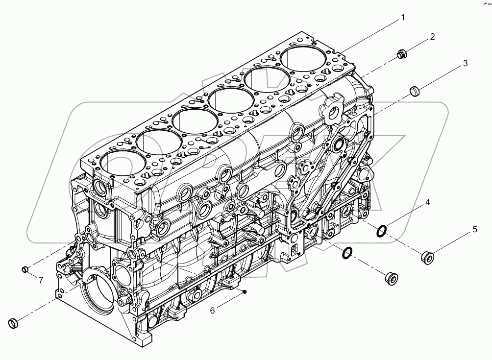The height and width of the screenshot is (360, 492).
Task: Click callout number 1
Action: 402,18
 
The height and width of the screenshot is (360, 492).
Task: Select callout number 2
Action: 432,37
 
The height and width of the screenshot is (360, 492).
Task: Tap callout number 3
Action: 465,63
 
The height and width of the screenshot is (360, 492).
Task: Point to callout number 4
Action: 427,202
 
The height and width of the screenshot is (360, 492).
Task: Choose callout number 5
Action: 474,229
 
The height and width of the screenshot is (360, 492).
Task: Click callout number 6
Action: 212,310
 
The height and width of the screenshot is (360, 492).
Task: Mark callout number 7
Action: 41,280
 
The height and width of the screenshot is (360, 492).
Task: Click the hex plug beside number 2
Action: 401,56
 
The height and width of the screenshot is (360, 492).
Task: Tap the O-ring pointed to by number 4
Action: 383,229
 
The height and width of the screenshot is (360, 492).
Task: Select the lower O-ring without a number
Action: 346,252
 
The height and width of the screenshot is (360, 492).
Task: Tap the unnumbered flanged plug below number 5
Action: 392,277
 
